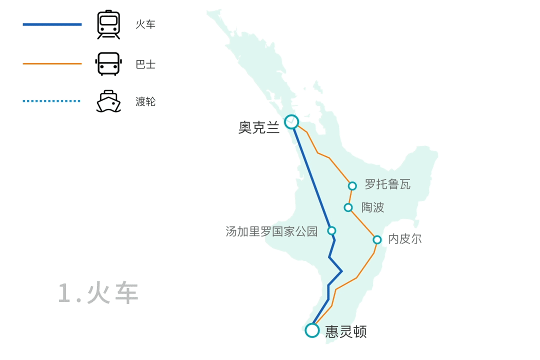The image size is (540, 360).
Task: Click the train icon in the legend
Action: (108, 24)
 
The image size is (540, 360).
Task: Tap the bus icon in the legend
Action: (108, 64)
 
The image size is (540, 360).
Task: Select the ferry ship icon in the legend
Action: (108, 101)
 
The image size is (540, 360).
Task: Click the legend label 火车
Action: (145, 24)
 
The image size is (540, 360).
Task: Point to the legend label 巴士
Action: (145, 64)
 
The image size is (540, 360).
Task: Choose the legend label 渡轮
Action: (145, 101)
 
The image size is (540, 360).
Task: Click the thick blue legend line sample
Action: (52, 24)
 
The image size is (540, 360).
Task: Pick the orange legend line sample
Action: (52, 63)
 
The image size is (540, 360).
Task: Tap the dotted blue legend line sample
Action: (51, 101)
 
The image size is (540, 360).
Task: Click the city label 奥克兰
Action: (259, 127)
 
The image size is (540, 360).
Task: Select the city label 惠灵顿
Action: (346, 331)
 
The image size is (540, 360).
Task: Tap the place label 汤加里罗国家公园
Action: (271, 231)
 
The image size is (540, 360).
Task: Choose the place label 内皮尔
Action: (404, 239)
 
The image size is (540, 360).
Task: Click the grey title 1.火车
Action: (98, 293)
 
